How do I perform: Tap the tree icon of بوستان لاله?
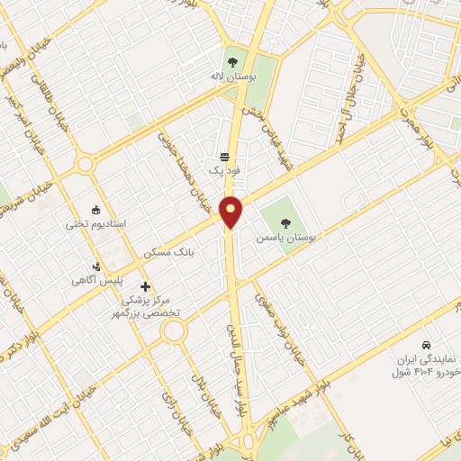pos(233,62)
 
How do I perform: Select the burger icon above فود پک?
pos(224,156)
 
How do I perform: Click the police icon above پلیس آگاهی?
pos(97,266)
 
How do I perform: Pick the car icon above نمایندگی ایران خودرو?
pos(426,346)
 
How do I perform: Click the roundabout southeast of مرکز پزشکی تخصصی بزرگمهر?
pos(174,331)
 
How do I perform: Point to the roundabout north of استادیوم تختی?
pos(86,165)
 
